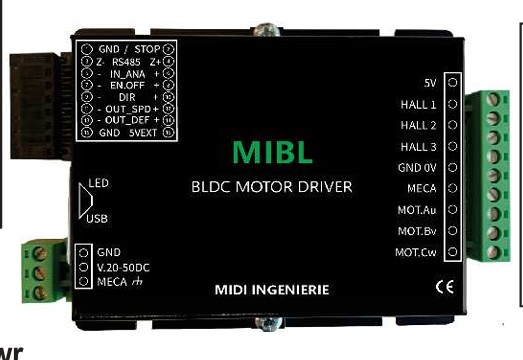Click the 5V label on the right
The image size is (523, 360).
pyautogui.click(x=430, y=83)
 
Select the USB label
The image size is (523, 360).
pyautogui.click(x=98, y=218)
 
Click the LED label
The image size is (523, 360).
pyautogui.click(x=98, y=183)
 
